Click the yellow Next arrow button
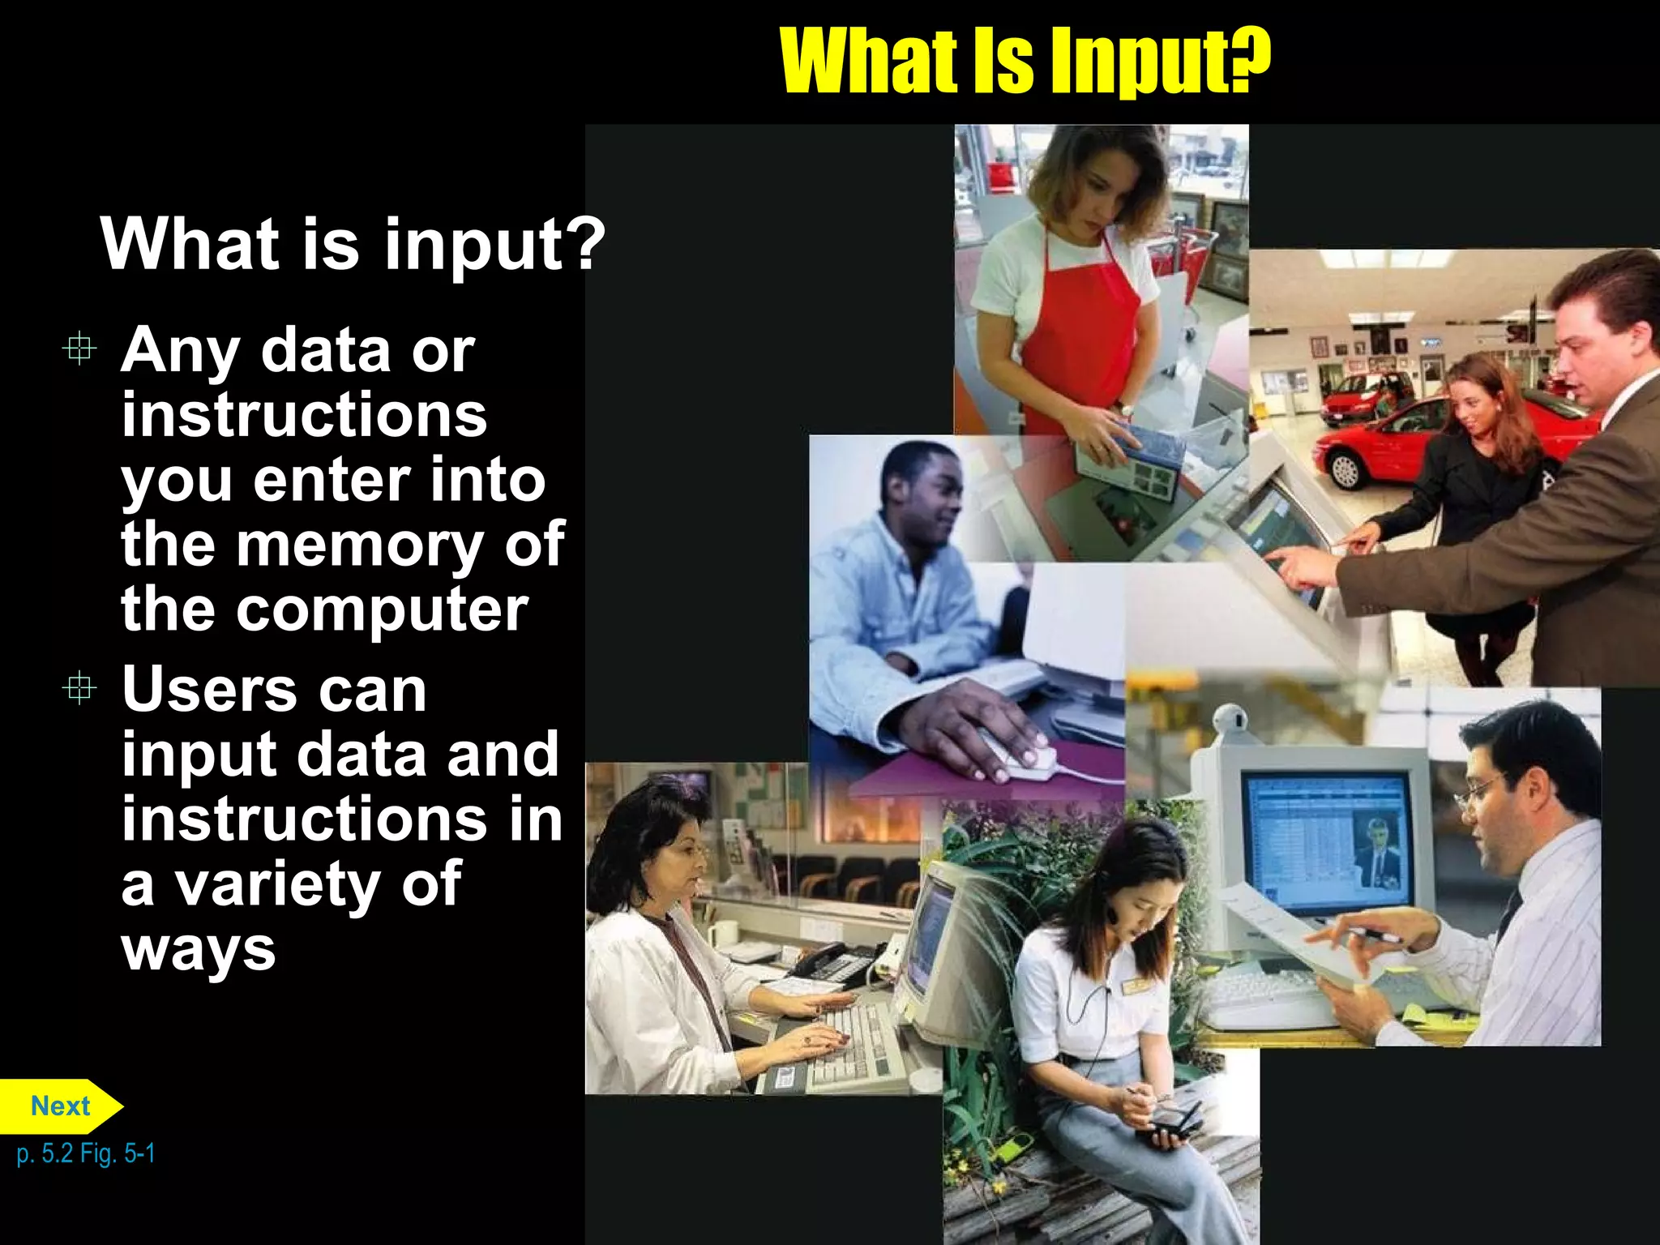coord(59,1106)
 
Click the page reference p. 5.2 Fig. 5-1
coord(85,1153)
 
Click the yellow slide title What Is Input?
coord(1025,61)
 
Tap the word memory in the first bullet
coord(359,545)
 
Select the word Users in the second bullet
coord(209,691)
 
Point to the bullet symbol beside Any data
coord(79,349)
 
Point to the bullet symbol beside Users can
coord(79,689)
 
